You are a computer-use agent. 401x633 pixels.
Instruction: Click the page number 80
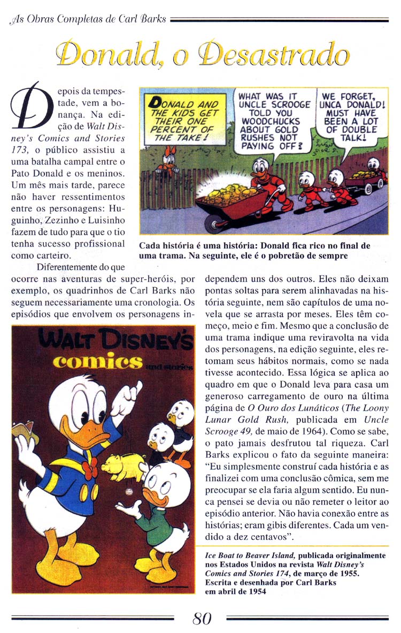tap(202, 619)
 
